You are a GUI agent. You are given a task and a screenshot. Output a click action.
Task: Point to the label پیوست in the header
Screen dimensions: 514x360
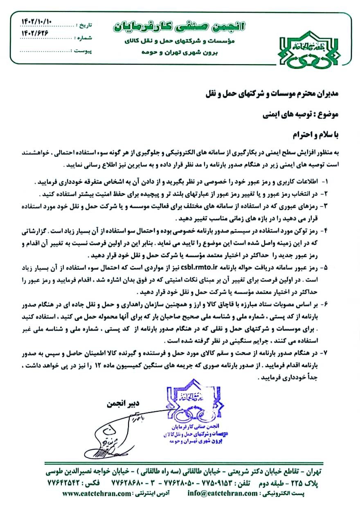[83, 51]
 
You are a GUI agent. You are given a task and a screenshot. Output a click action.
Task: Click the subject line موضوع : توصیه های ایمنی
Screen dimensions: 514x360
[300, 115]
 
